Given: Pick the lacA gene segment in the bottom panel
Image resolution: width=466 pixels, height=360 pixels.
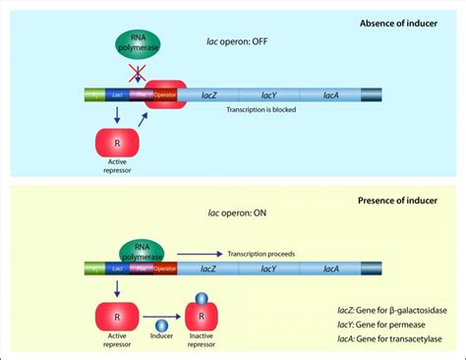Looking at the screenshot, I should pyautogui.click(x=331, y=267).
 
